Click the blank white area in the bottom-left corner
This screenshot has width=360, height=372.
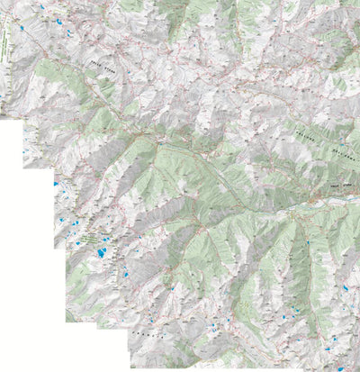(x=36, y=333)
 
